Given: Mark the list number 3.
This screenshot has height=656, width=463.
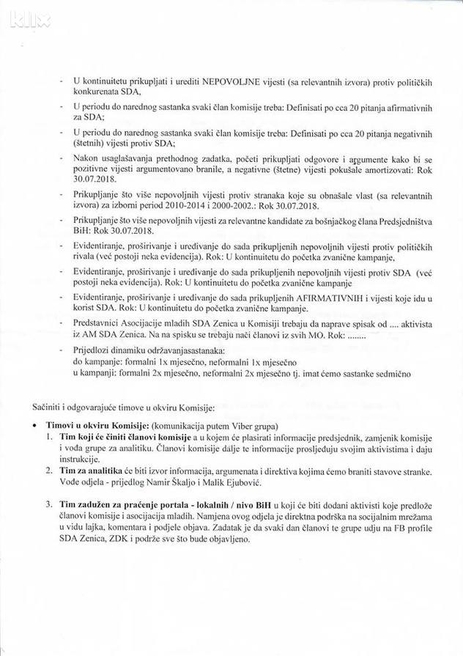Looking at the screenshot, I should click(x=48, y=504).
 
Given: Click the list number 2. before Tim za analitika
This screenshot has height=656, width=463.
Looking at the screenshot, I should click(x=48, y=470).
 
